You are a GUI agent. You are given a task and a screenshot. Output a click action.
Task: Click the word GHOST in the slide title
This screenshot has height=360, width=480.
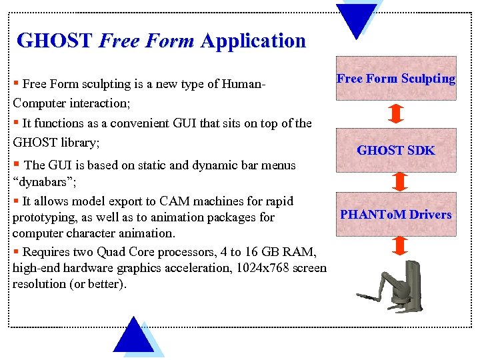pyautogui.click(x=54, y=41)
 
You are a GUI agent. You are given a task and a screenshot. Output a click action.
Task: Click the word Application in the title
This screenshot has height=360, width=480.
pyautogui.click(x=253, y=41)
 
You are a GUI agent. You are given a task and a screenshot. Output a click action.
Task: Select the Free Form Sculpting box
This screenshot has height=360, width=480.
pyautogui.click(x=396, y=79)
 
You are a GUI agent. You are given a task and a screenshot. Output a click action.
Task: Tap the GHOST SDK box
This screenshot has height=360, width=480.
pyautogui.click(x=396, y=150)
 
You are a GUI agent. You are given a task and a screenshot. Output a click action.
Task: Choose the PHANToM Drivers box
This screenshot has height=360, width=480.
pyautogui.click(x=396, y=214)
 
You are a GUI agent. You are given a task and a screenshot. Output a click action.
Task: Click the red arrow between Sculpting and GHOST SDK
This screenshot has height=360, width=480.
pyautogui.click(x=396, y=114)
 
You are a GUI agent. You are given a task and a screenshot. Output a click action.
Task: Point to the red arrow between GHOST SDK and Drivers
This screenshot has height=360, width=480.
pyautogui.click(x=399, y=181)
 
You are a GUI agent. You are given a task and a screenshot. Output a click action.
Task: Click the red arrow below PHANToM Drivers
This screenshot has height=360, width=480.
pyautogui.click(x=399, y=246)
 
